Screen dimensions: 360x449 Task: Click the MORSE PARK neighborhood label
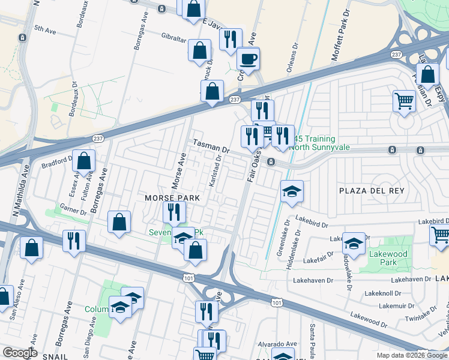pyautogui.click(x=168, y=198)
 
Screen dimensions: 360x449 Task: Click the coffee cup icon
pyautogui.click(x=248, y=59)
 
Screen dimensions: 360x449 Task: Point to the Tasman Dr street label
pyautogui.click(x=211, y=146)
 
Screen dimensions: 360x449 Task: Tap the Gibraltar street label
pyautogui.click(x=174, y=36)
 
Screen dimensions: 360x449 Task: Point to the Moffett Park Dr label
pyautogui.click(x=340, y=36)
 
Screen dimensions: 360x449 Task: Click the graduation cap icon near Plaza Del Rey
pyautogui.click(x=292, y=192)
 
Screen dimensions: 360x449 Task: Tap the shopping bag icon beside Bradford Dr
pyautogui.click(x=85, y=161)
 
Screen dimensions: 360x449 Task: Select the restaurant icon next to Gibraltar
pyautogui.click(x=231, y=40)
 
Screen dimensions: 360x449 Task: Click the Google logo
pyautogui.click(x=20, y=353)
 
